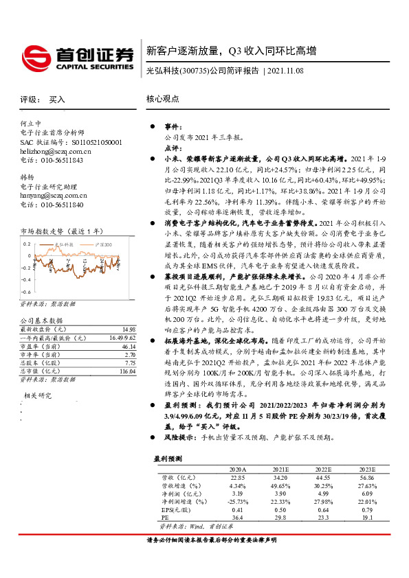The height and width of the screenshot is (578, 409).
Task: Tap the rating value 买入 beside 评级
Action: pyautogui.click(x=56, y=100)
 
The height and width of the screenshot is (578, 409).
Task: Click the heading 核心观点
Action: pyautogui.click(x=162, y=100)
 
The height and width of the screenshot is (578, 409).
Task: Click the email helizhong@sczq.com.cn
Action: pyautogui.click(x=56, y=150)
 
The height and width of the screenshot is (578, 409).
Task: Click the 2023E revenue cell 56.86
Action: pyautogui.click(x=365, y=477)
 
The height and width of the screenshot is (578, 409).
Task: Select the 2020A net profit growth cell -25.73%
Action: pyautogui.click(x=236, y=502)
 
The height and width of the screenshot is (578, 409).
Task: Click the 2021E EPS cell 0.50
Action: pyautogui.click(x=279, y=510)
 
